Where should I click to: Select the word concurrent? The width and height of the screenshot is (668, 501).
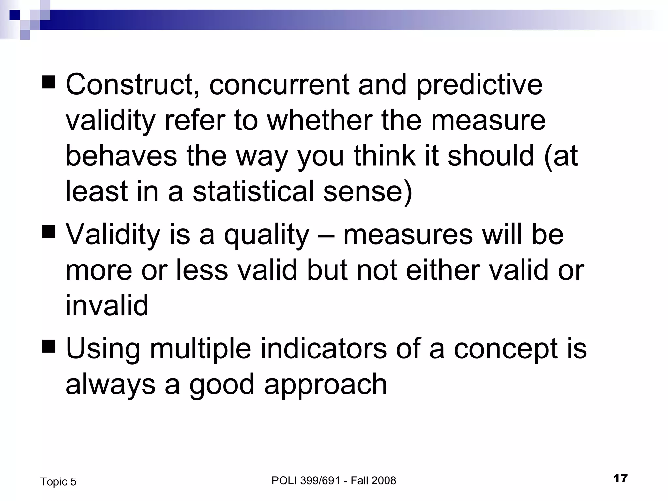pyautogui.click(x=279, y=85)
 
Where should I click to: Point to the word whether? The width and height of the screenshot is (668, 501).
pyautogui.click(x=320, y=120)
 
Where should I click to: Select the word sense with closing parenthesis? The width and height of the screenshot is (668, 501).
pyautogui.click(x=368, y=191)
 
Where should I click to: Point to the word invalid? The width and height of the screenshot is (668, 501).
pyautogui.click(x=107, y=306)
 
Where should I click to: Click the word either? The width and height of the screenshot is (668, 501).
pyautogui.click(x=442, y=270)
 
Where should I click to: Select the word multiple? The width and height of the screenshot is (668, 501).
pyautogui.click(x=200, y=349)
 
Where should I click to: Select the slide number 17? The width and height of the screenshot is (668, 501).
pyautogui.click(x=620, y=478)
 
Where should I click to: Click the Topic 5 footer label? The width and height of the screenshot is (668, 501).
pyautogui.click(x=58, y=482)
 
